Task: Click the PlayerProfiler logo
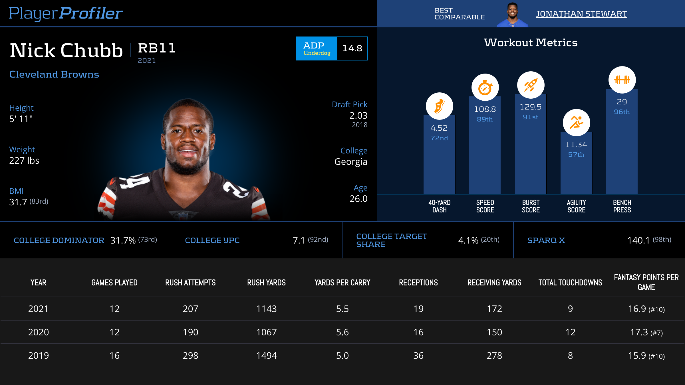click(x=66, y=13)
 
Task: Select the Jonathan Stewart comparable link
click(x=581, y=14)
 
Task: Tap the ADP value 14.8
click(x=352, y=48)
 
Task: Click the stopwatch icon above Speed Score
click(x=485, y=87)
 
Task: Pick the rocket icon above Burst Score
click(x=531, y=85)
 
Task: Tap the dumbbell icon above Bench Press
click(x=622, y=80)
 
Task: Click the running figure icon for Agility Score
click(x=576, y=123)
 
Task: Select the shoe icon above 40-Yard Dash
click(x=439, y=106)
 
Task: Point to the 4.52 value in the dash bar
click(x=439, y=128)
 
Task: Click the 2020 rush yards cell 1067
click(x=266, y=332)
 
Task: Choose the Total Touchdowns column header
click(x=570, y=283)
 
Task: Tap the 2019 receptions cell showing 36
click(x=418, y=356)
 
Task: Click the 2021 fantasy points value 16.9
click(x=637, y=309)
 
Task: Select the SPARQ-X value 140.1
click(x=638, y=240)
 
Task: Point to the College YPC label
click(x=212, y=240)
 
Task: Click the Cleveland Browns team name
click(x=54, y=74)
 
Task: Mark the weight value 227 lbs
click(x=24, y=161)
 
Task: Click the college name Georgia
click(x=351, y=162)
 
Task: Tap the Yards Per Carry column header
click(x=342, y=283)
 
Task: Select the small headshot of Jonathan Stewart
click(x=512, y=14)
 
